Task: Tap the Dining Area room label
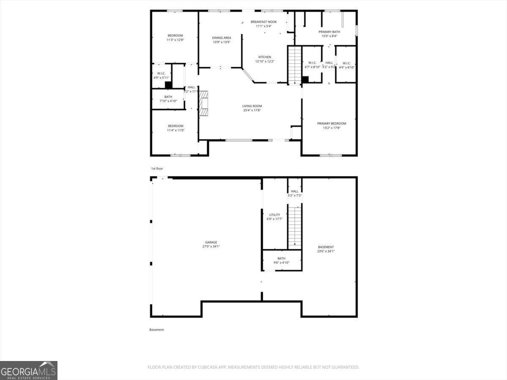(221, 38)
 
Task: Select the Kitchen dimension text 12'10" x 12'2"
(265, 62)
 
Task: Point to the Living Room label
(252, 106)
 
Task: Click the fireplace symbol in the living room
(204, 103)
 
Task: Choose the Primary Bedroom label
(332, 124)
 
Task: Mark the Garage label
(211, 242)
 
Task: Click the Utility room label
(275, 215)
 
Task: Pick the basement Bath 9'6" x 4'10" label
(281, 258)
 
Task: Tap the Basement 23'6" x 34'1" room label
(326, 247)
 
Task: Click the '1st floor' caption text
(157, 168)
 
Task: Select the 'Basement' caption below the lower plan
(156, 330)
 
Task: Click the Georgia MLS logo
(29, 370)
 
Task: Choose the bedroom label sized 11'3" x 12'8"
(175, 35)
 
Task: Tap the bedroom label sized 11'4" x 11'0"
(175, 126)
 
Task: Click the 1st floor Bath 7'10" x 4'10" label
(168, 97)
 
